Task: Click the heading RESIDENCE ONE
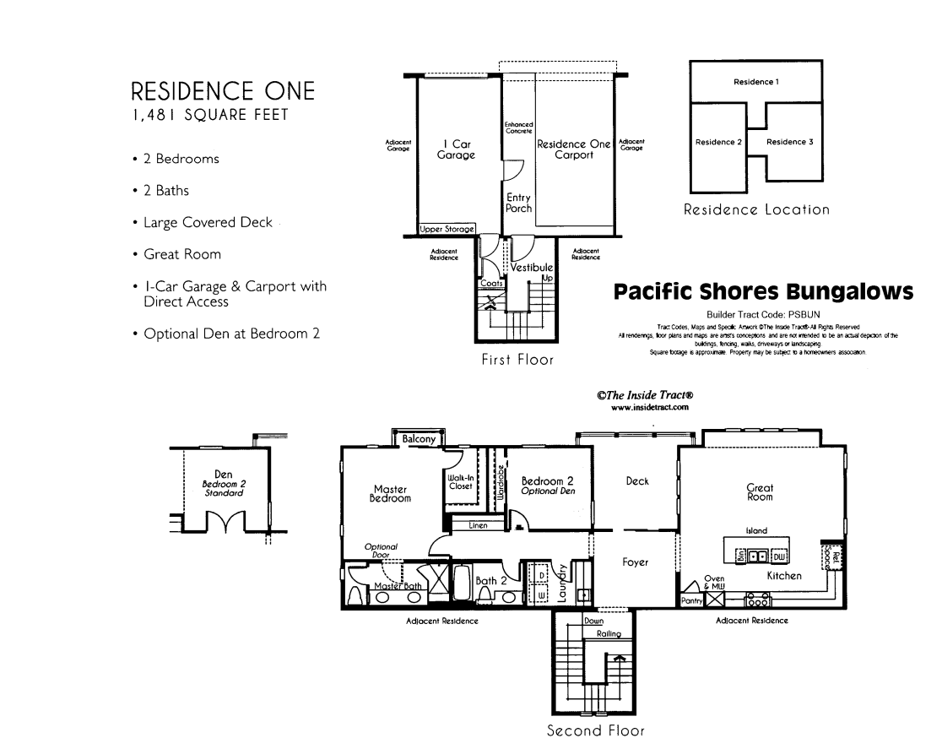pos(223,90)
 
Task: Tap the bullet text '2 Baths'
pos(166,191)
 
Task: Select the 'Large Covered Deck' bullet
pos(208,223)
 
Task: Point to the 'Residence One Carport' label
pos(574,149)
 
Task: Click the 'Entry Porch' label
pos(518,203)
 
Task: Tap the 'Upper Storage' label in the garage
pos(447,230)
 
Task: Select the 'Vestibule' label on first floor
pos(532,268)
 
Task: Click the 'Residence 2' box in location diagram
pos(717,142)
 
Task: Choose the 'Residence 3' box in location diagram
pos(790,142)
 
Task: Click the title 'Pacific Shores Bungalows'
pos(763,292)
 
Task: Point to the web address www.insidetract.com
pos(650,407)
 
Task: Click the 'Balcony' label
pos(419,439)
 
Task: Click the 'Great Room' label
pos(760,491)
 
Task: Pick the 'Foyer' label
pos(635,562)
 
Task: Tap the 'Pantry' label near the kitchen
pos(692,600)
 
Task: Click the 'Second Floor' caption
pos(596,730)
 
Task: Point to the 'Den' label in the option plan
pos(224,475)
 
